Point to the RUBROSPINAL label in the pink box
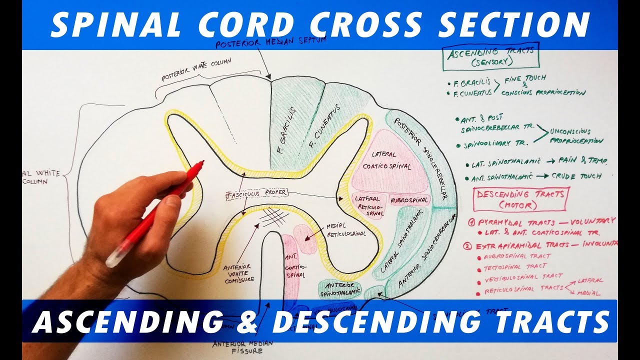point(409,200)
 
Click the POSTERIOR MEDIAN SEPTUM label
point(270,43)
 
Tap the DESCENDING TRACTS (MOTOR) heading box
point(520,199)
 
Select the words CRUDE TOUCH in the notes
point(575,176)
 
